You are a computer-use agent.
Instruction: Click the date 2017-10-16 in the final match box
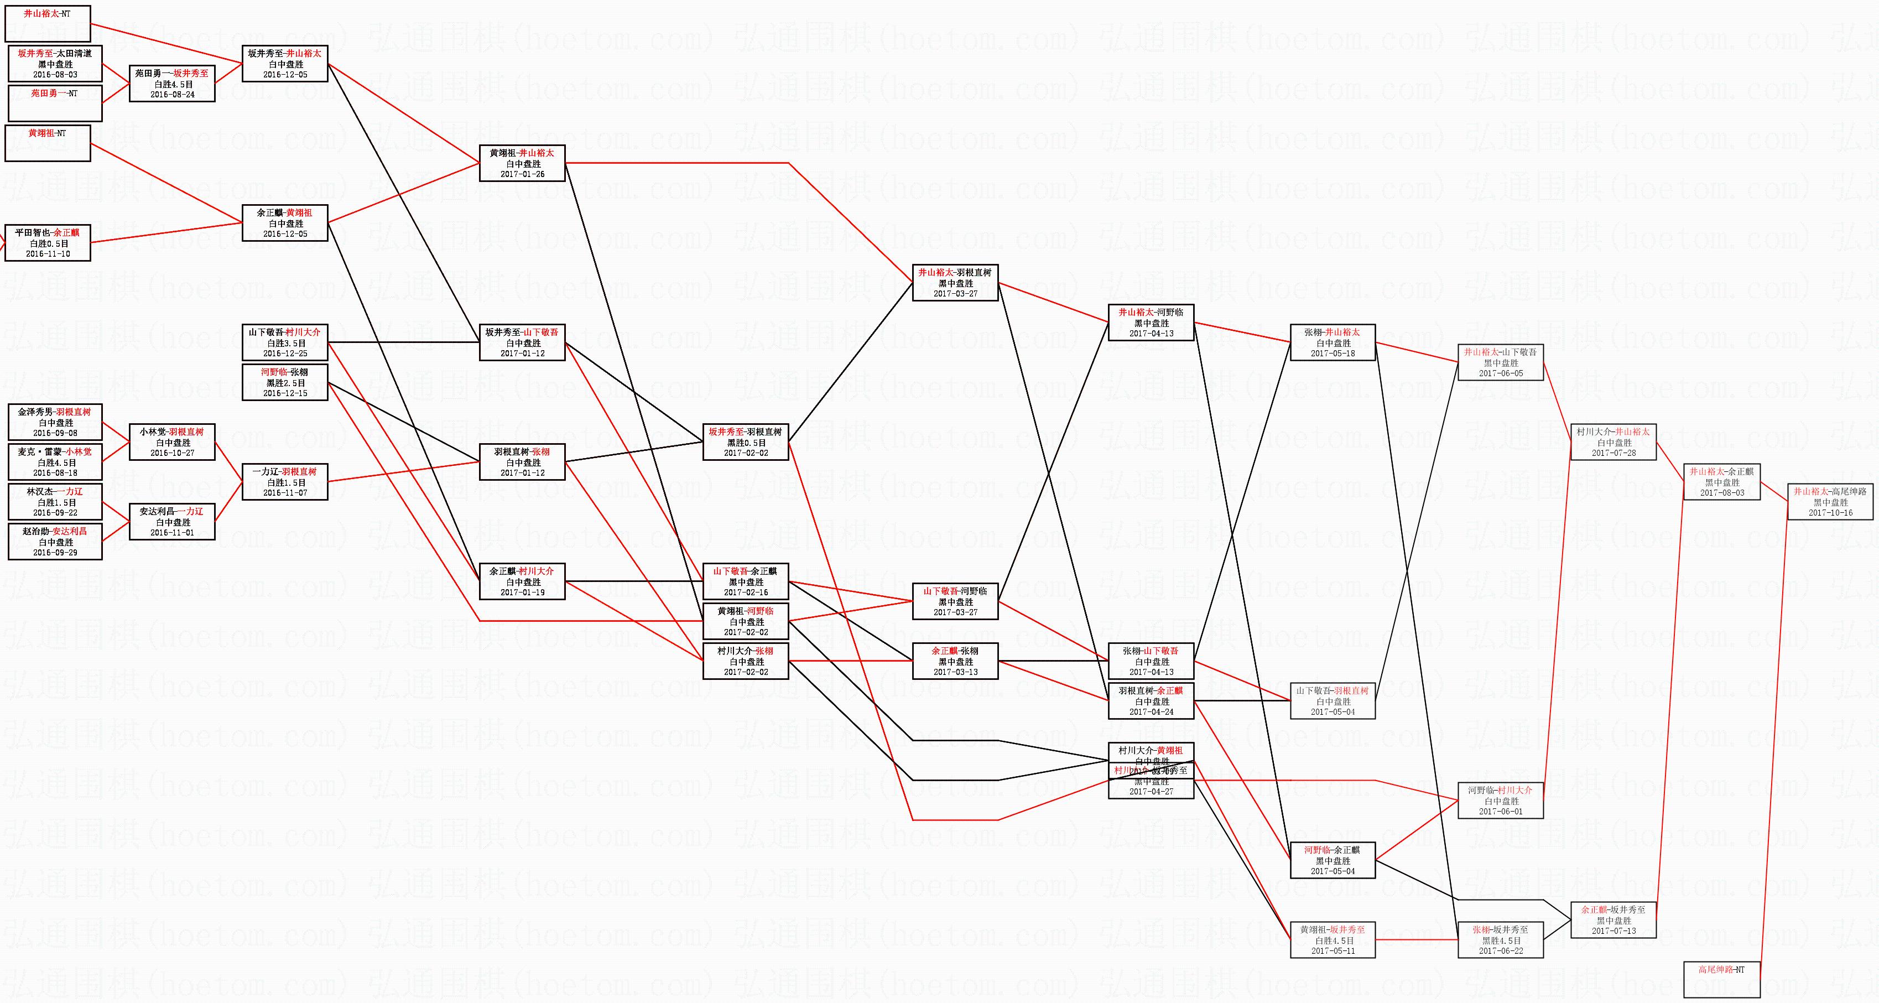click(1830, 513)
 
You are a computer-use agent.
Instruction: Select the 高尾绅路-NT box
click(1721, 979)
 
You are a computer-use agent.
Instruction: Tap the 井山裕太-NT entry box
click(48, 23)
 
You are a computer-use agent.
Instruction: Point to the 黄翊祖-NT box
click(48, 143)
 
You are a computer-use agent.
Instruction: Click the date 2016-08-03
click(55, 74)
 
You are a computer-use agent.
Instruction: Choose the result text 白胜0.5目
click(49, 243)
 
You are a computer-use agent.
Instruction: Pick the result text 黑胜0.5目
click(746, 443)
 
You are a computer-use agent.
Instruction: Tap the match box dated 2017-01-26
click(522, 163)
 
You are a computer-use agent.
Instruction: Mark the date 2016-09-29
click(55, 553)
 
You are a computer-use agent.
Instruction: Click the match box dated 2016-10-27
click(172, 442)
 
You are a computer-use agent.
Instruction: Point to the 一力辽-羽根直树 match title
click(285, 472)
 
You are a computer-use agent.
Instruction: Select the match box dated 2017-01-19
click(522, 581)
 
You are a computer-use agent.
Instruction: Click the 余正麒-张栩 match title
click(955, 651)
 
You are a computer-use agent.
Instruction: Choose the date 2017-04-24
click(1151, 712)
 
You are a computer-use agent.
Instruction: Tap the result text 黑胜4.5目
click(1501, 940)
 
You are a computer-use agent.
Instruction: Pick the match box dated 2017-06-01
click(1501, 800)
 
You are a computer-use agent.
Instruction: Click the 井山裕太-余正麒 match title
click(1721, 472)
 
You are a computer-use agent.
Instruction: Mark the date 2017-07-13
click(1613, 931)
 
